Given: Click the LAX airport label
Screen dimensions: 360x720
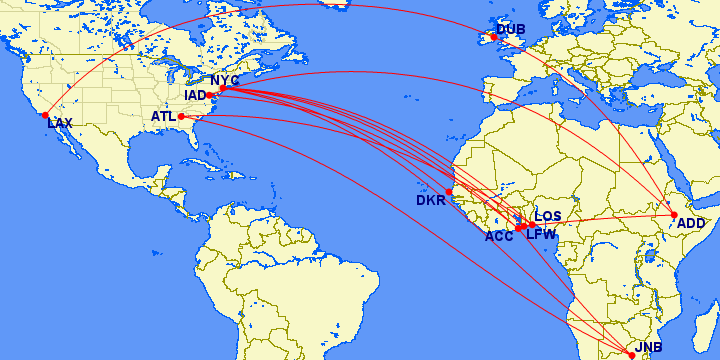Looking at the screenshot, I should (x=60, y=124).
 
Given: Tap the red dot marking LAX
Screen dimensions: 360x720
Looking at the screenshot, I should (x=45, y=115).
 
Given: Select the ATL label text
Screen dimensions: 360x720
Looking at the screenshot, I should (x=163, y=117).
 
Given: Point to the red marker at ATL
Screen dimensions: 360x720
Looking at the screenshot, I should (x=181, y=117).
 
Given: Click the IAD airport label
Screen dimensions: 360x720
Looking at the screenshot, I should (x=196, y=95).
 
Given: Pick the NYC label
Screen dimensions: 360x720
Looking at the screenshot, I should (x=224, y=80).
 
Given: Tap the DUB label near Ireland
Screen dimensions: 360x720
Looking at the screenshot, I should (x=511, y=29).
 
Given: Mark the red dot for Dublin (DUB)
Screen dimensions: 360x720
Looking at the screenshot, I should (x=493, y=37).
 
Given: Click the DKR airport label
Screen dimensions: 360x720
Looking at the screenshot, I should (x=431, y=201).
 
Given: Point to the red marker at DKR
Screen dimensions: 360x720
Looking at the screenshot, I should (x=449, y=191).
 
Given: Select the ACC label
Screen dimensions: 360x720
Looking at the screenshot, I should (x=499, y=237).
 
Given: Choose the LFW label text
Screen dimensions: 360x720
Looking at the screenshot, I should (x=541, y=233).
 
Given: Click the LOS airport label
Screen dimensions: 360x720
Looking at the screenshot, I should (x=548, y=216).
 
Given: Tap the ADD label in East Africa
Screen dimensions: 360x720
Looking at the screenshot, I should (x=691, y=224).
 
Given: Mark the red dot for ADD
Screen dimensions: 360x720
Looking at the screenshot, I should (x=675, y=214).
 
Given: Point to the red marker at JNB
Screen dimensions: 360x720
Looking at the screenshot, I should (x=631, y=355).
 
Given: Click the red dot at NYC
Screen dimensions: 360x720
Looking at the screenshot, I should (x=222, y=89).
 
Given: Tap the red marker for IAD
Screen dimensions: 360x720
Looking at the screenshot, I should (x=210, y=94).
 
